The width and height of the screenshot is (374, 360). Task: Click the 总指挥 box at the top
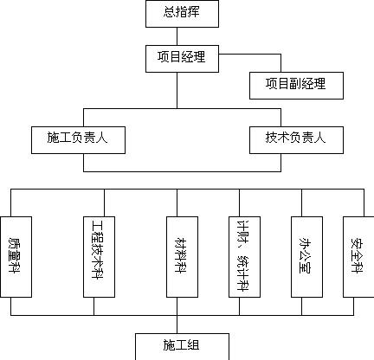[182, 14]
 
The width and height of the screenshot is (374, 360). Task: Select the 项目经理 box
[182, 59]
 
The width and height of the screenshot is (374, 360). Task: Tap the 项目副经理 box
[296, 86]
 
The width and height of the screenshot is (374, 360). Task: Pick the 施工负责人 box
[78, 140]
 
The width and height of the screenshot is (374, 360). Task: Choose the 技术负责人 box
[296, 140]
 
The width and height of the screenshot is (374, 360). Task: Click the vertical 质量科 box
[16, 257]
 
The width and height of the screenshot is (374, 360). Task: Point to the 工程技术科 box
[99, 257]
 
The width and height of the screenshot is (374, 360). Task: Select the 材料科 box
[182, 257]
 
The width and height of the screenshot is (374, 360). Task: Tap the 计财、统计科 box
[244, 257]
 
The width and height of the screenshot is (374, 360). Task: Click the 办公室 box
[306, 257]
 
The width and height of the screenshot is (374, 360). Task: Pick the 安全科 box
[358, 257]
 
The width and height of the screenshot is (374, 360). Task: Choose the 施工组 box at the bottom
[182, 347]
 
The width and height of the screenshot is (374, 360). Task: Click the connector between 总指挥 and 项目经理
[177, 36]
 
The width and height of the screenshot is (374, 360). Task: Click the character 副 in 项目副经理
[295, 84]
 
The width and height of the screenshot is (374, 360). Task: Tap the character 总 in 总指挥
[170, 12]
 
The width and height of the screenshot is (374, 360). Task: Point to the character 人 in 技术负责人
[319, 138]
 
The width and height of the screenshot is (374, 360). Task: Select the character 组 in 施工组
[193, 344]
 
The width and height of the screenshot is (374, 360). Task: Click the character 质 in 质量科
[14, 243]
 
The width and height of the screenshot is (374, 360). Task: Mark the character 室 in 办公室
[305, 267]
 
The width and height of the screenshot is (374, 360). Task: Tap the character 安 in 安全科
[357, 243]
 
